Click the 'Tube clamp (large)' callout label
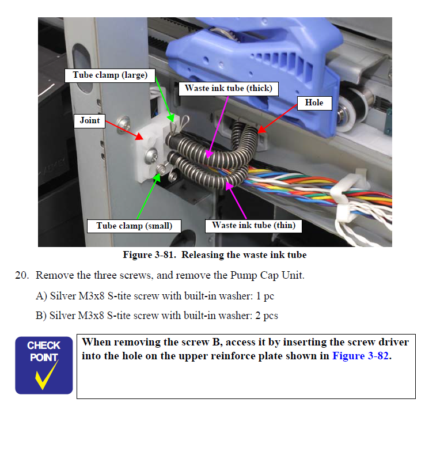tap(110, 75)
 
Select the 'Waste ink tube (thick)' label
tap(228, 89)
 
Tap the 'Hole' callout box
tap(314, 103)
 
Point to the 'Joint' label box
tap(89, 121)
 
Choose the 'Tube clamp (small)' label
tap(134, 226)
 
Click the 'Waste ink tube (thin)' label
tap(253, 226)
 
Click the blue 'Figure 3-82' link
tap(361, 356)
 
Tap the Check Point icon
tap(44, 365)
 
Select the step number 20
tap(22, 275)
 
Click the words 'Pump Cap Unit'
tap(267, 275)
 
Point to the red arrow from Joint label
tap(124, 130)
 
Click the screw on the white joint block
tap(151, 155)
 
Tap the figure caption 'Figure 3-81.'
tap(149, 255)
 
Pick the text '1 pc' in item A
tap(265, 296)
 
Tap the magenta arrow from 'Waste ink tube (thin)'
tap(236, 200)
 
